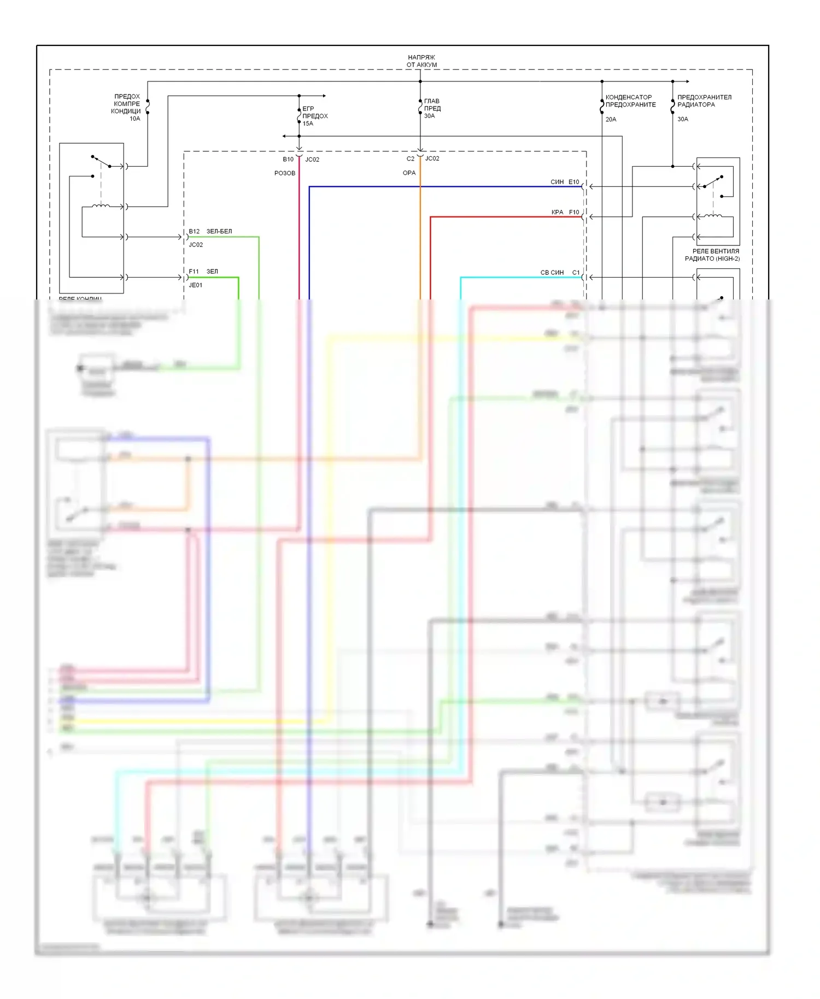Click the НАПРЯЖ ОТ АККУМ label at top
point(421,61)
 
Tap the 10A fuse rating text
point(134,119)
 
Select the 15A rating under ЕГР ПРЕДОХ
point(308,124)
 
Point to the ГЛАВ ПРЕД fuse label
point(432,104)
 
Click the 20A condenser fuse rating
point(611,119)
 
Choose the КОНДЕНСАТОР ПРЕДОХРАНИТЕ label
point(630,101)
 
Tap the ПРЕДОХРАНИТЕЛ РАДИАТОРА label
point(704,101)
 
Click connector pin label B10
point(288,159)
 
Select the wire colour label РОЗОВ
point(285,173)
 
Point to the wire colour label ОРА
point(409,173)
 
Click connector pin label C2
point(411,158)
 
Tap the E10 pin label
point(573,182)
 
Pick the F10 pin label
point(573,212)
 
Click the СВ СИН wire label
point(552,272)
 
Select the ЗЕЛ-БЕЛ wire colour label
point(219,231)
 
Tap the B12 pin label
point(194,231)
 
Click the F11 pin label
point(194,271)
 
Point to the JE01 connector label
point(196,285)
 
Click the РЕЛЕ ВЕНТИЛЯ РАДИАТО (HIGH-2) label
point(712,255)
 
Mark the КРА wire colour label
point(557,212)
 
